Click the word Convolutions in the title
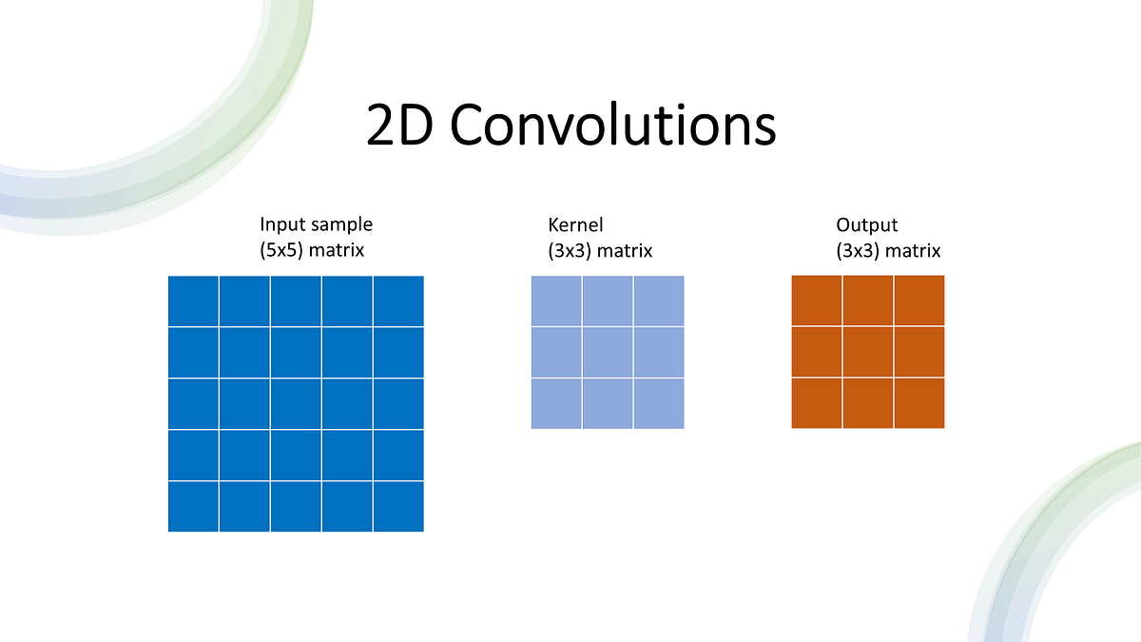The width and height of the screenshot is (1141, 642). tap(612, 126)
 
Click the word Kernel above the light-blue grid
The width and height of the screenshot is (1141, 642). tap(575, 225)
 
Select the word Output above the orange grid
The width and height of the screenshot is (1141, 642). tap(866, 225)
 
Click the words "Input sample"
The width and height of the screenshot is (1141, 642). tap(316, 225)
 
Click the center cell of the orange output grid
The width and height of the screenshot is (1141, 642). tap(868, 352)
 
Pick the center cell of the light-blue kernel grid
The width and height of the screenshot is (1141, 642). tap(608, 352)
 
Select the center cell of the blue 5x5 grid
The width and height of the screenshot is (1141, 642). tap(296, 404)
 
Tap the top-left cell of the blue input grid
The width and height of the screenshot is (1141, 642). tap(193, 301)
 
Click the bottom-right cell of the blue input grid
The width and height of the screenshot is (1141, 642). tap(398, 507)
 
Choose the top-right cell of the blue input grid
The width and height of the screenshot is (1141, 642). tap(398, 301)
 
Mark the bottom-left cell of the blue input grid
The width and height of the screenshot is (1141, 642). tap(193, 507)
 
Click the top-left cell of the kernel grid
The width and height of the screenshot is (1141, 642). tap(556, 301)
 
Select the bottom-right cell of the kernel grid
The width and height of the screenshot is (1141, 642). tap(659, 403)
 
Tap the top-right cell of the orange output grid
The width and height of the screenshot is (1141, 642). tap(919, 301)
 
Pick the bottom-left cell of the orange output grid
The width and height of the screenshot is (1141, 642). tap(817, 403)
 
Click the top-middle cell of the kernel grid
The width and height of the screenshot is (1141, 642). tap(608, 301)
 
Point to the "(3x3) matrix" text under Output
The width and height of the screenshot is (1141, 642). tap(888, 251)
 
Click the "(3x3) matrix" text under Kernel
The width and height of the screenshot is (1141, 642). tap(600, 251)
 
